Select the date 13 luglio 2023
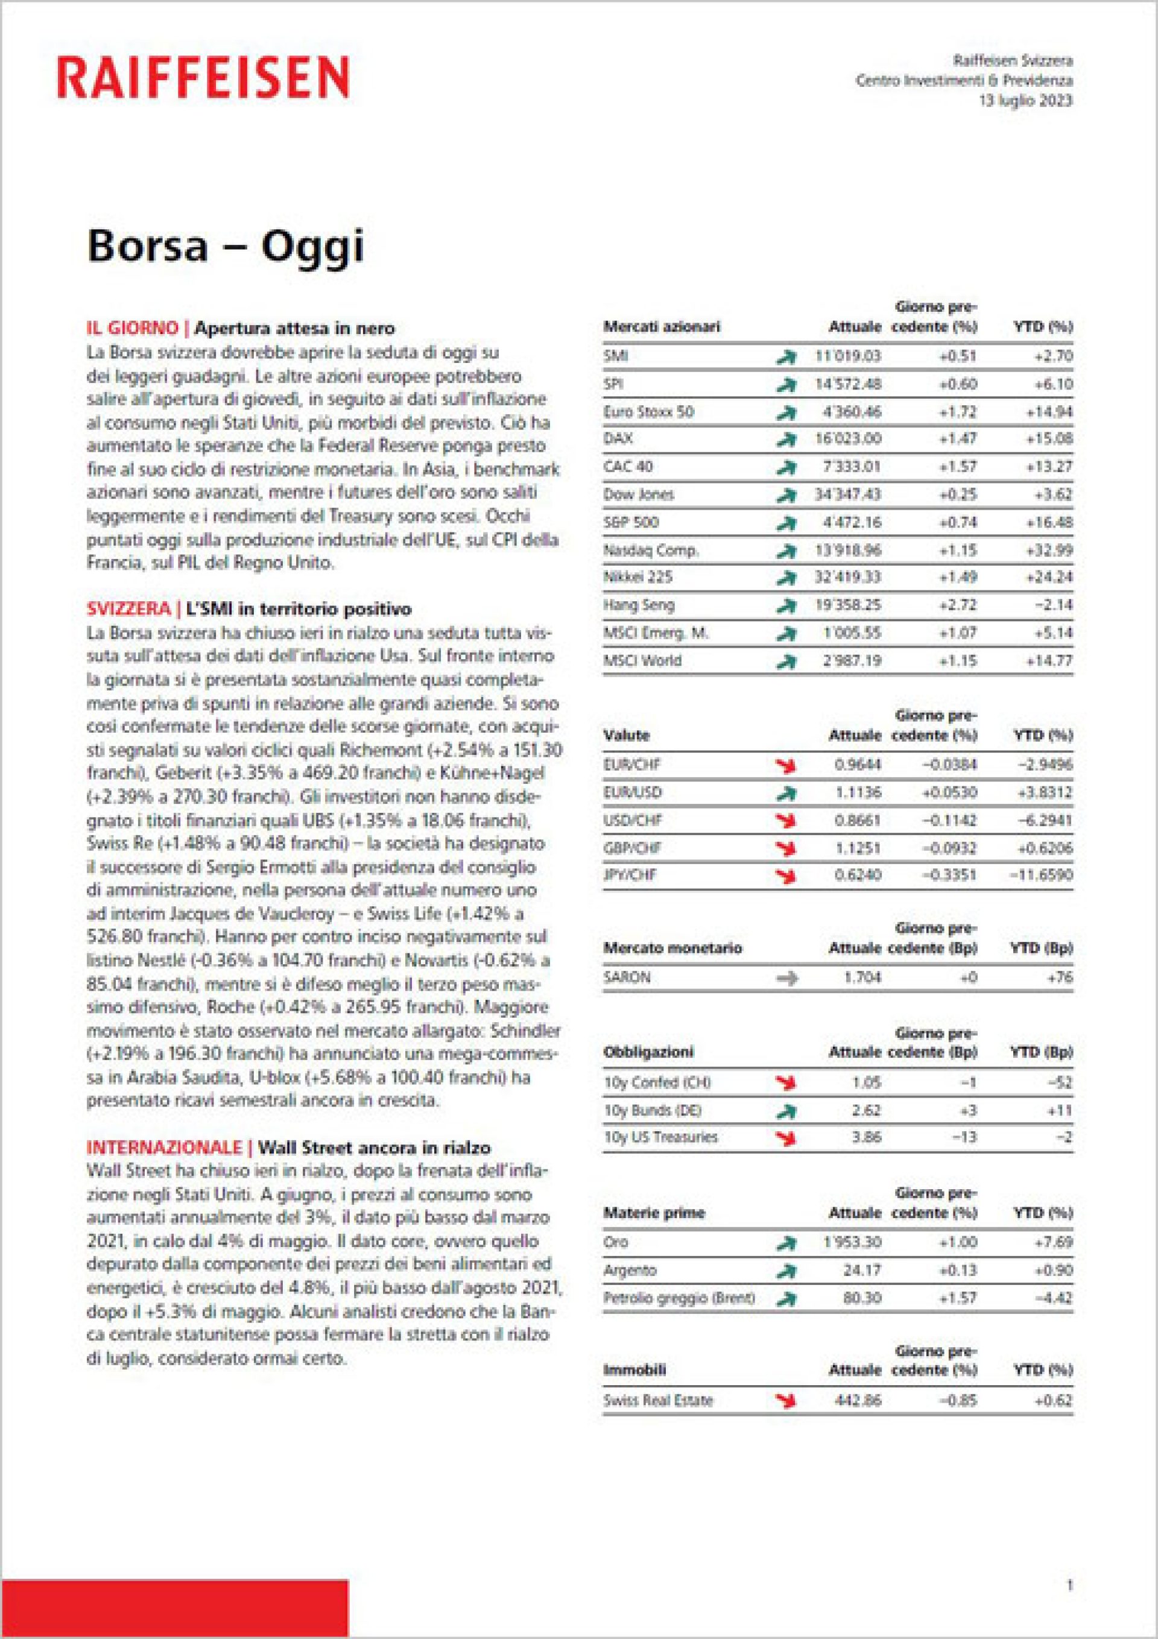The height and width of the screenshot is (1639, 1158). [x=1025, y=101]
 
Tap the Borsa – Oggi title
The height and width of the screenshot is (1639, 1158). [x=226, y=245]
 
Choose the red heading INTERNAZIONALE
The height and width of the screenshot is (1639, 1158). [x=164, y=1147]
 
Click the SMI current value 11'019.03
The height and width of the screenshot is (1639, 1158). [x=848, y=356]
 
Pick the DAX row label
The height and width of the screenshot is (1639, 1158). [x=618, y=438]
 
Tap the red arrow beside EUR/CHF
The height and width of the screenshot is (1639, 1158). [x=786, y=765]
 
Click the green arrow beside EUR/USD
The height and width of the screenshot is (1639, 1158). [x=786, y=792]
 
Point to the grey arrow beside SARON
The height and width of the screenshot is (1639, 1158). [x=786, y=978]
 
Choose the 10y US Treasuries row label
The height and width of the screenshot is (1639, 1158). [x=660, y=1137]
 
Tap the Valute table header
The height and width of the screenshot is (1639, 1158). [x=627, y=735]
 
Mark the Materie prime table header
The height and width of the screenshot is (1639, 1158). [x=654, y=1212]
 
